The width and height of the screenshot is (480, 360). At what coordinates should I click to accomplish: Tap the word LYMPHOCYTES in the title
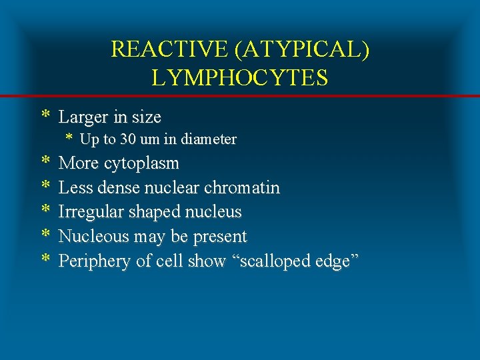[240, 78]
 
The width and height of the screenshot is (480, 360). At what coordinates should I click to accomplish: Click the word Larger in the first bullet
[83, 117]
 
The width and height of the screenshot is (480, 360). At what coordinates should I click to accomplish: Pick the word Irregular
[87, 212]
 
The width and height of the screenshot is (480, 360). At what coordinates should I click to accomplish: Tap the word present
[219, 237]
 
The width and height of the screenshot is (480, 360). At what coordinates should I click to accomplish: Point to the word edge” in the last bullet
[334, 262]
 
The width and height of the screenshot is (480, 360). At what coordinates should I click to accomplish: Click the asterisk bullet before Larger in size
[45, 116]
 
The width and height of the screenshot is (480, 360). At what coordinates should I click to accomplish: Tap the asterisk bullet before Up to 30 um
[69, 139]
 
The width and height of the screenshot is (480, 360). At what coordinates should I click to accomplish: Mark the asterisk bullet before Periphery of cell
[45, 260]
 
